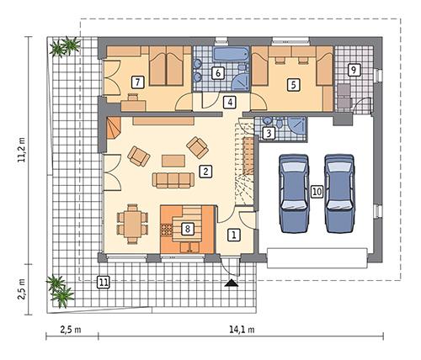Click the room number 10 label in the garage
click(x=317, y=192)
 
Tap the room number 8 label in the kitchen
click(x=188, y=229)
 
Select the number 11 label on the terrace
click(x=104, y=282)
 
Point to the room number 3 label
click(x=269, y=134)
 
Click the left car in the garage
click(x=294, y=193)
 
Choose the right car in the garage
click(x=339, y=193)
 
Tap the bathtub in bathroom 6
click(x=231, y=54)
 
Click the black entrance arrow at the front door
click(x=232, y=283)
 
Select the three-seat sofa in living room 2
click(x=173, y=180)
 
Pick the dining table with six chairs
click(x=132, y=225)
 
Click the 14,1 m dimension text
click(x=242, y=330)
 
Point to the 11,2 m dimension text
click(x=22, y=150)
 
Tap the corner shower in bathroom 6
click(x=241, y=82)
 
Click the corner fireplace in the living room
click(x=113, y=129)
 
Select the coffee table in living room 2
click(x=173, y=161)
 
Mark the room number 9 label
click(x=354, y=70)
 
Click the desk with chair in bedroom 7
click(x=134, y=103)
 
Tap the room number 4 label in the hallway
click(x=230, y=103)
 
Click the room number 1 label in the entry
click(x=234, y=235)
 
